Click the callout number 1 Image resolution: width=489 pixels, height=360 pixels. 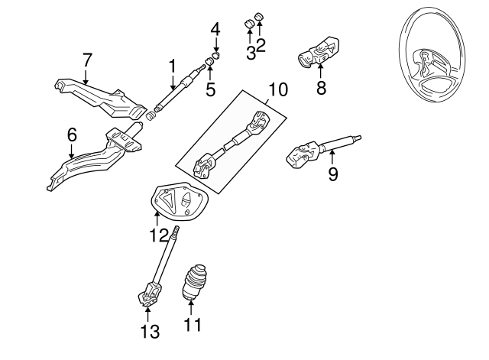pos(173,66)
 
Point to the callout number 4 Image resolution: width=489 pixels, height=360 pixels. pos(215,30)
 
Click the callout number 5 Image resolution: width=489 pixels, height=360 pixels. pos(211,89)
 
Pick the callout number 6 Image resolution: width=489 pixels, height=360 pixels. pos(72,135)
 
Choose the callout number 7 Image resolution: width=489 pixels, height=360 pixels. pos(86,59)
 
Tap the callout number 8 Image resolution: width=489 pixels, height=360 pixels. pos(321,89)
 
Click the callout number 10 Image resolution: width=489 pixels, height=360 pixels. pos(278,90)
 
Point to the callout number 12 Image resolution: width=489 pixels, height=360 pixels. pos(158,235)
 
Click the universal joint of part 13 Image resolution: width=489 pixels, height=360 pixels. pos(150,294)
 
